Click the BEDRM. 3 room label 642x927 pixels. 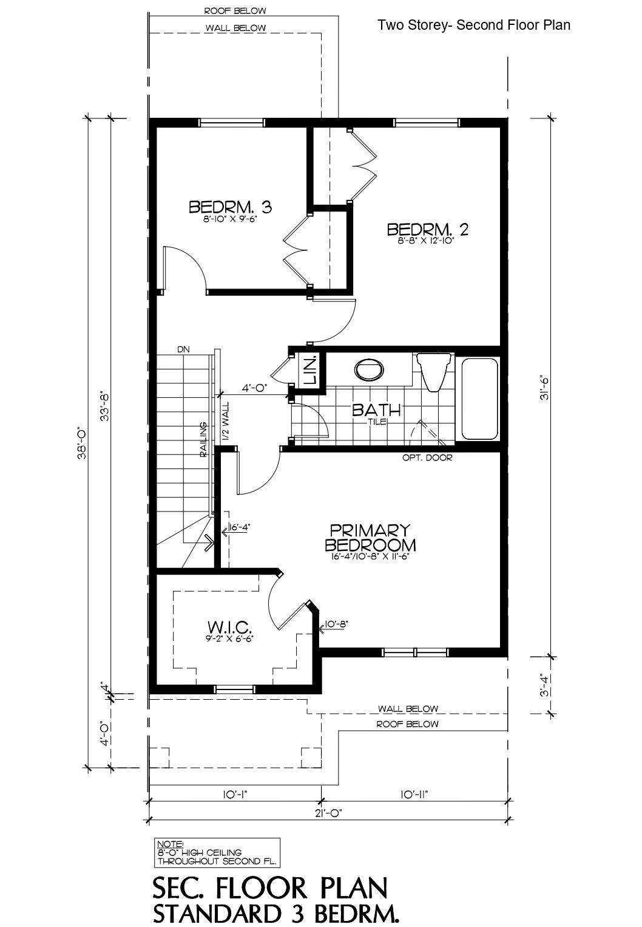tap(230, 207)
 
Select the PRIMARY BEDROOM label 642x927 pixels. tap(370, 536)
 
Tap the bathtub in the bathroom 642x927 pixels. tap(479, 399)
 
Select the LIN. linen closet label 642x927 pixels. tap(310, 370)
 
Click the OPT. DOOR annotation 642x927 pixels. tap(427, 457)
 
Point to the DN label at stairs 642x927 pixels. tap(184, 350)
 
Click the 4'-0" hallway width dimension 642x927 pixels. tap(254, 386)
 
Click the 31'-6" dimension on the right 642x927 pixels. tap(546, 386)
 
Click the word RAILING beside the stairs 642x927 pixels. tap(205, 439)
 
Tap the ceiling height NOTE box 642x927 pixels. tap(217, 852)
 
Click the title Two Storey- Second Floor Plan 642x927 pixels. tap(473, 25)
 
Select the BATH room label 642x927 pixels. tap(376, 410)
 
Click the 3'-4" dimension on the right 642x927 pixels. tap(546, 683)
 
